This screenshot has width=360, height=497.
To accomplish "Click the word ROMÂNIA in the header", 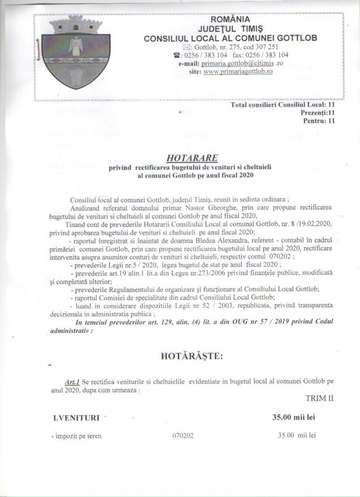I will tap(230, 19).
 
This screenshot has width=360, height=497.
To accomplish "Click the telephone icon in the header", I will tap(176, 55).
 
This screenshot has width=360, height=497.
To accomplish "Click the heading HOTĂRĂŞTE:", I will tap(192, 356).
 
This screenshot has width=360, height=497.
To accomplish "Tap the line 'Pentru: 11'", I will tap(319, 121).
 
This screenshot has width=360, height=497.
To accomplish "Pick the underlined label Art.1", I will tap(71, 382).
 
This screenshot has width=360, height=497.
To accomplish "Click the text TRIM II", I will tap(320, 398).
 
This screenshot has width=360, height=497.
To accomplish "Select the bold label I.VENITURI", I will tap(76, 418).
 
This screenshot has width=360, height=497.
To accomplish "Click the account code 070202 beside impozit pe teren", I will tap(183, 436).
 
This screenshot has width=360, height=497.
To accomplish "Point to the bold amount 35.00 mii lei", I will tap(294, 417).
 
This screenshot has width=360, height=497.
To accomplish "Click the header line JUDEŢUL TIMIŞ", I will tap(230, 28).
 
